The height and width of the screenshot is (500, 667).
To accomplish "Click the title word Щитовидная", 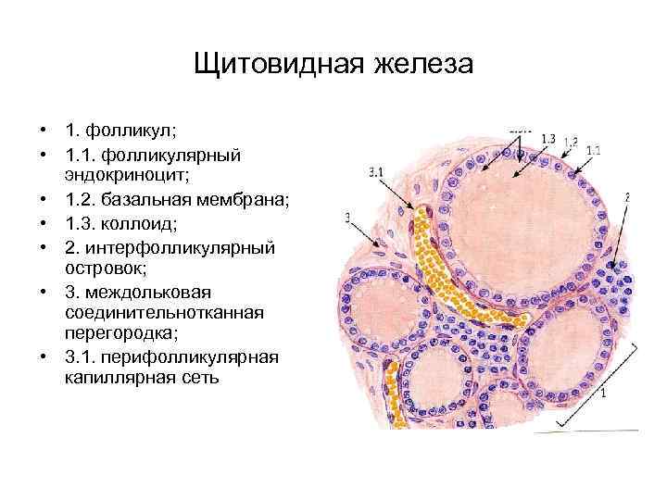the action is coord(280,66).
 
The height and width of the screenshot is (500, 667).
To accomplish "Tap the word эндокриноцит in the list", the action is coord(116,174).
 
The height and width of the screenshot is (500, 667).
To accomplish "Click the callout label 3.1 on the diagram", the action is coord(376,171).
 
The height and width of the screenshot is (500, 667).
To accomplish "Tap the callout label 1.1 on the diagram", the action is coord(593,149).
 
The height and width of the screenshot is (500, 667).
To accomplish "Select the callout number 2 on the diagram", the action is coord(627,196).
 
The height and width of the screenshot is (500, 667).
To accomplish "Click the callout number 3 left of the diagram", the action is coord(346,219).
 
